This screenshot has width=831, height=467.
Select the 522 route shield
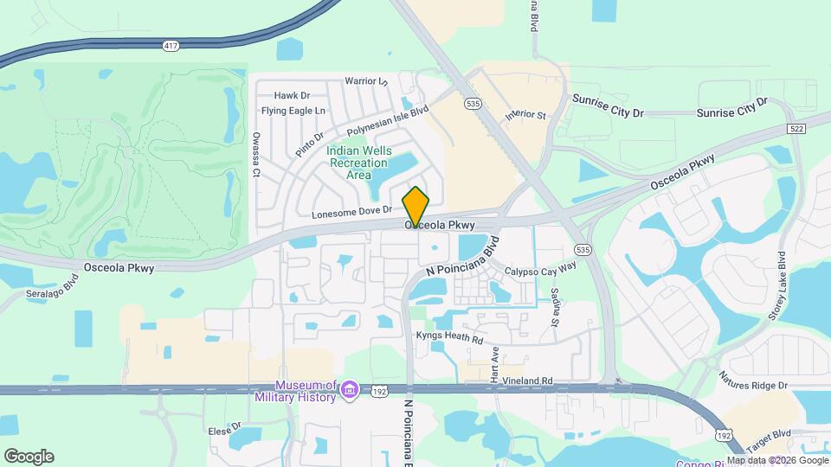coord(797,128)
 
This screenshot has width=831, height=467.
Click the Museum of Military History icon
coord(349,391)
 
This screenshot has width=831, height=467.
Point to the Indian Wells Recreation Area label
coord(352,163)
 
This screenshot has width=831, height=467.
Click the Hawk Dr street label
coord(292,95)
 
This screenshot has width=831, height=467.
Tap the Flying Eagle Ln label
coord(293,111)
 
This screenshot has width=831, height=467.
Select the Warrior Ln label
coord(366,81)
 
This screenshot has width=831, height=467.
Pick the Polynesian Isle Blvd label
coord(388,120)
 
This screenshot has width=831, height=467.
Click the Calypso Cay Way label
coord(541,271)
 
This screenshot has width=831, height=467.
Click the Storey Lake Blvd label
coord(776,286)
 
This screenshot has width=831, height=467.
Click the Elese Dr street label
coord(224,429)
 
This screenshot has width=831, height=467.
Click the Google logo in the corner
coord(29,457)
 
